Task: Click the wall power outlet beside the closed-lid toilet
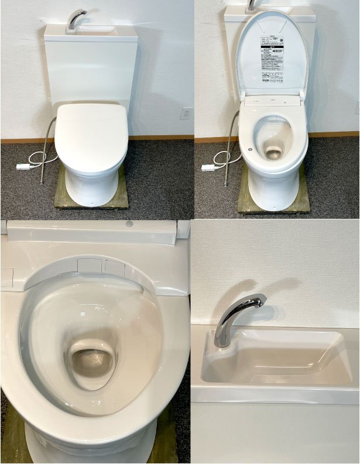coord(186,113)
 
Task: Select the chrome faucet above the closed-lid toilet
coord(75,19)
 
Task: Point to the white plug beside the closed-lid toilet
coord(23,167)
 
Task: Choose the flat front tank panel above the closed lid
coord(91,70)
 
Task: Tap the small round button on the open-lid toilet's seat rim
coord(250,149)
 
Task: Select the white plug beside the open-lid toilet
coord(209,168)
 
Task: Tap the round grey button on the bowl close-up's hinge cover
coord(129,224)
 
